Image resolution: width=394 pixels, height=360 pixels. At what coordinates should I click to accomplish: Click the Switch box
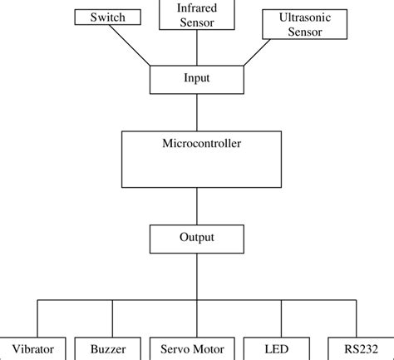pos(108,17)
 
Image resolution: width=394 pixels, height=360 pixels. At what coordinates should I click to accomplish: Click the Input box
pos(197,79)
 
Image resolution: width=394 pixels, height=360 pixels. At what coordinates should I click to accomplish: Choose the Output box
pos(197,239)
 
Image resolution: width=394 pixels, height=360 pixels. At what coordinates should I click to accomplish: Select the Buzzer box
pos(107,349)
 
